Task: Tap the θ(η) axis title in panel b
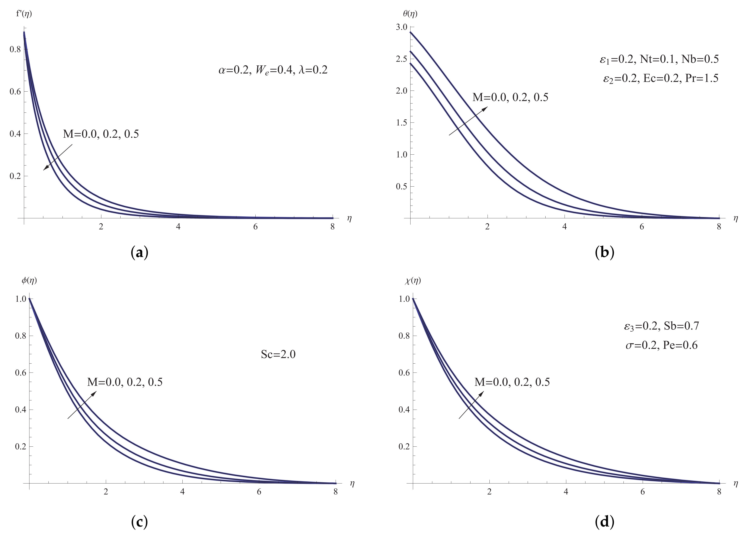[410, 14]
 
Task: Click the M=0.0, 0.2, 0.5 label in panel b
[510, 97]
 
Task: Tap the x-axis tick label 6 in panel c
[259, 492]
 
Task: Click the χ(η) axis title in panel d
[412, 281]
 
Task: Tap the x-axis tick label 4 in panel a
[178, 227]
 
